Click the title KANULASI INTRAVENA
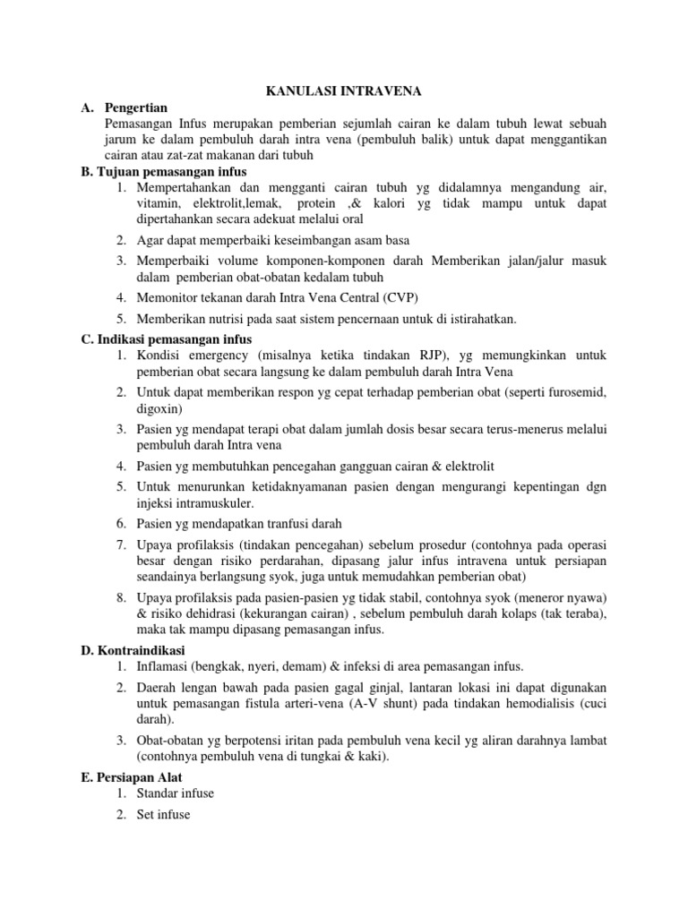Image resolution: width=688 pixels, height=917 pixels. pos(343,90)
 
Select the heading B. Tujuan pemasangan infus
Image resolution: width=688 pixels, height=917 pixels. pos(163,171)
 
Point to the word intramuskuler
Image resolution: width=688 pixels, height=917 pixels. pos(193,503)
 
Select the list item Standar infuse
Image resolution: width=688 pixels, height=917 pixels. pos(176,793)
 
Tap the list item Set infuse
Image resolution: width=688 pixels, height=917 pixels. pos(164,815)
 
